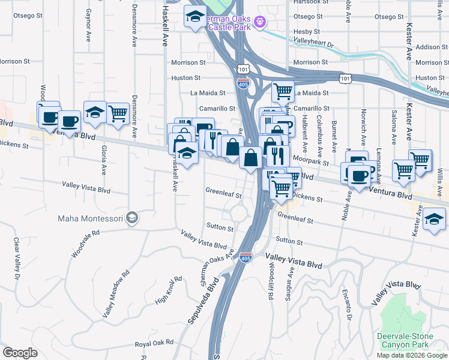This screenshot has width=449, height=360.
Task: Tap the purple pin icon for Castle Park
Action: coord(260,22)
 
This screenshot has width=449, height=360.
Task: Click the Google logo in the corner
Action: coord(20,352)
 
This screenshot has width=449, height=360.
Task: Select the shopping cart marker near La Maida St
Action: coord(283,92)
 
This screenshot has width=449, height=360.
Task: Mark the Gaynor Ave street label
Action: coord(88,20)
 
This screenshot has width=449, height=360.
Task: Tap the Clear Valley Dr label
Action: coord(16,257)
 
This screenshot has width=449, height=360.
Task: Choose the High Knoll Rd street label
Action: coord(167,290)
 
